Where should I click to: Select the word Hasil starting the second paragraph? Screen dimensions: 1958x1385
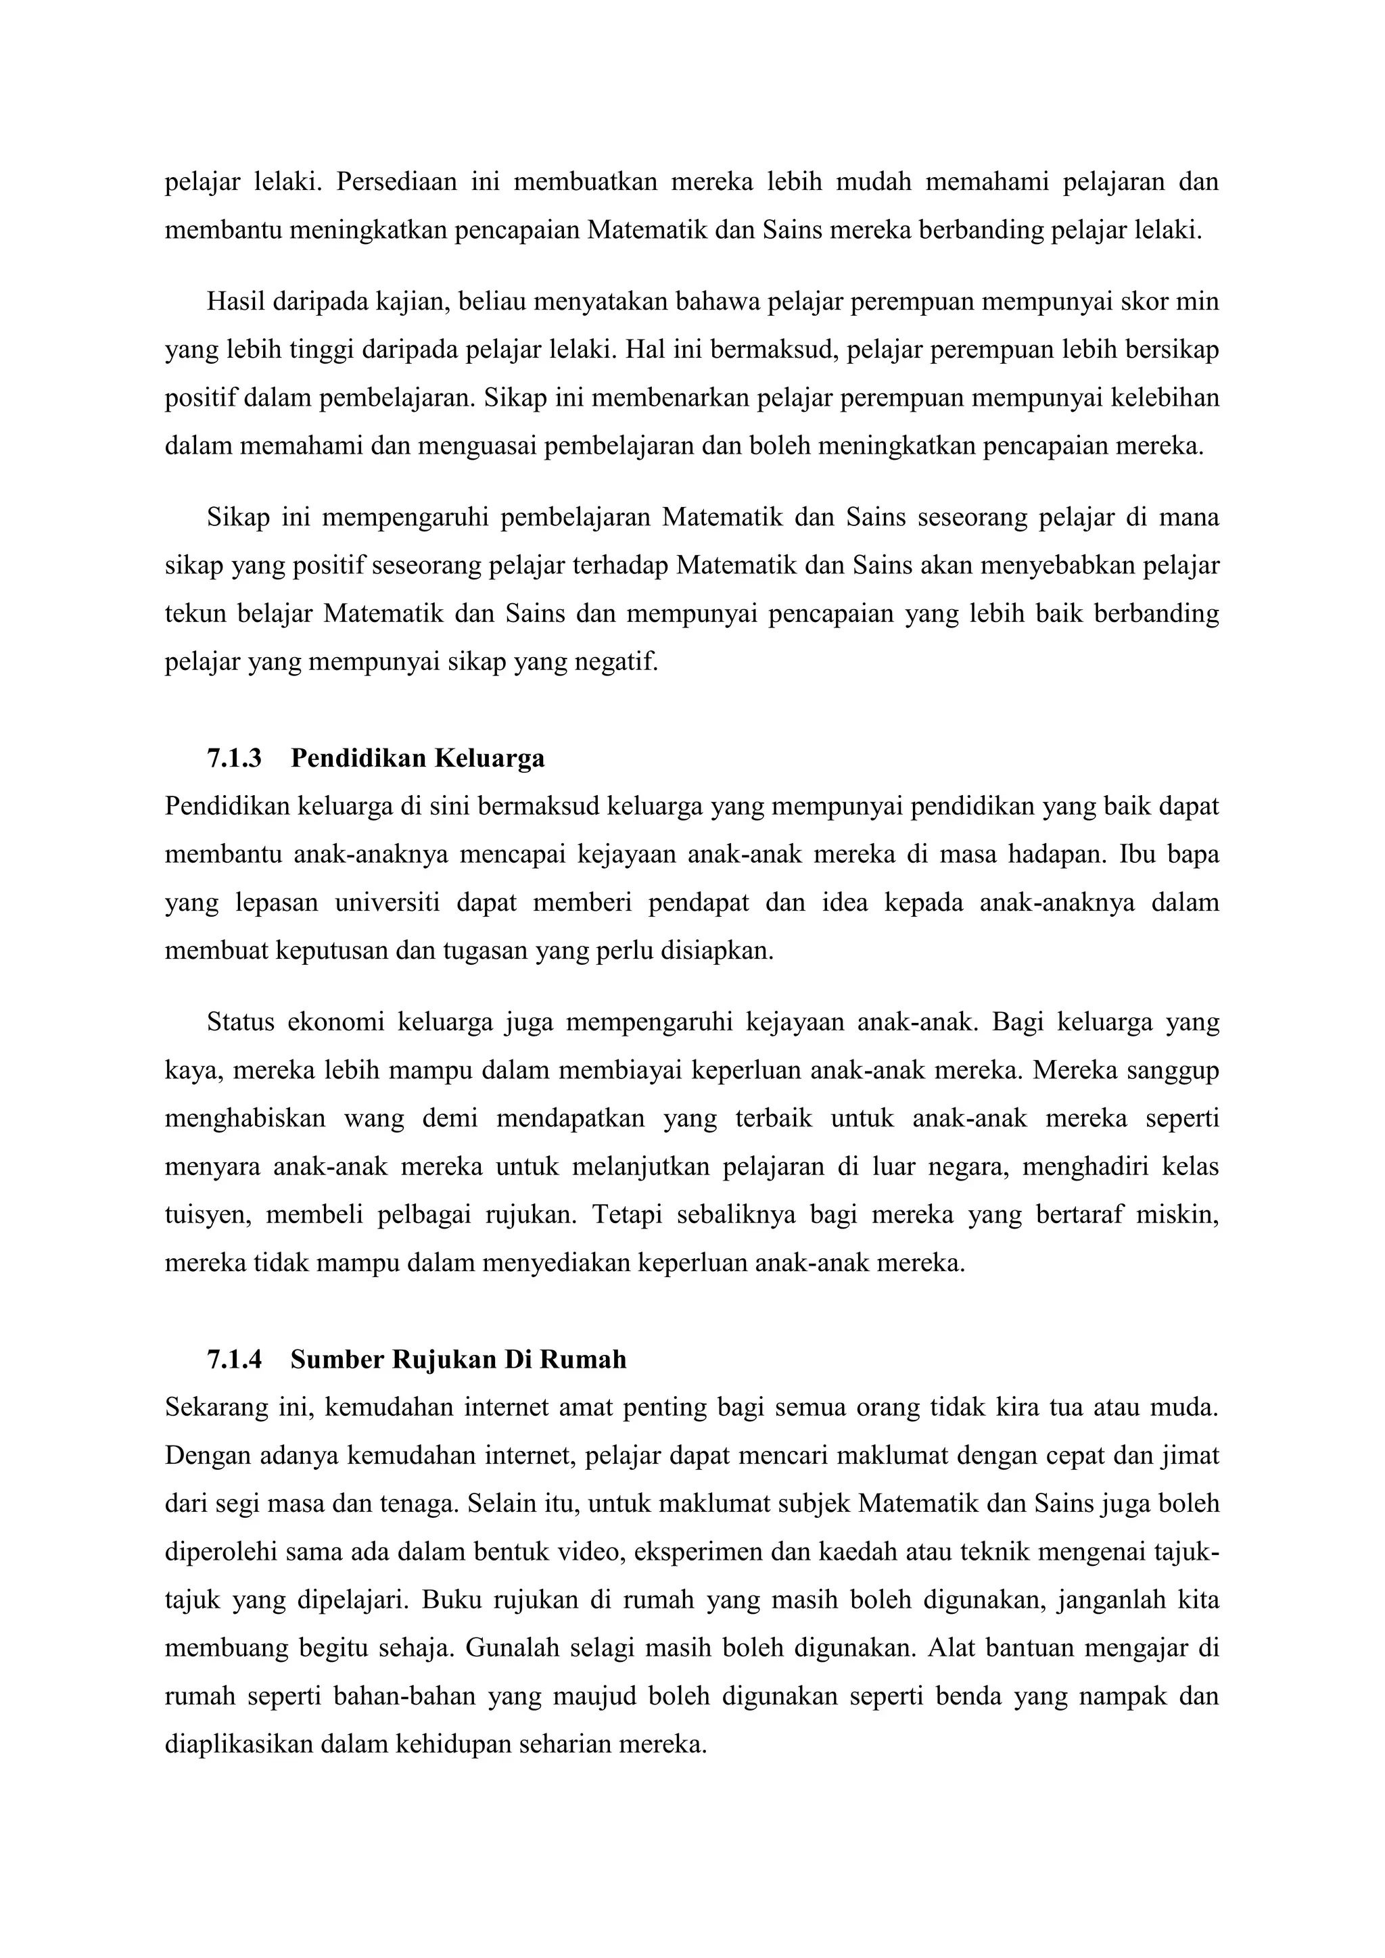point(235,302)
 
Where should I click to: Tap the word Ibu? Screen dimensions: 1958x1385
point(1137,855)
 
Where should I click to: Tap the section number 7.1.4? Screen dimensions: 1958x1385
point(234,1360)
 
